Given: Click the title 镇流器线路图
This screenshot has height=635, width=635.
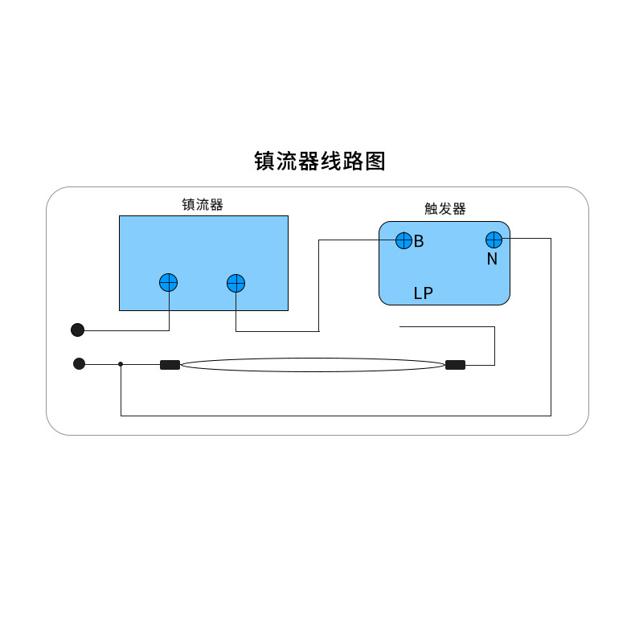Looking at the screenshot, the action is pyautogui.click(x=320, y=161).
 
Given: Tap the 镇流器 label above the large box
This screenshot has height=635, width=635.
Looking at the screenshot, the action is pyautogui.click(x=203, y=204).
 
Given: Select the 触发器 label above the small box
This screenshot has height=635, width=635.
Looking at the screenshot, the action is pyautogui.click(x=444, y=209).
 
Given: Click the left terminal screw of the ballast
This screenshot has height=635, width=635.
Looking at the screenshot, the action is pyautogui.click(x=168, y=282).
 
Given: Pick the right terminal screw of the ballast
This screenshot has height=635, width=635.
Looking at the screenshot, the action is pyautogui.click(x=236, y=283).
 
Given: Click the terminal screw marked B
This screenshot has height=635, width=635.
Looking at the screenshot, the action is pyautogui.click(x=404, y=240).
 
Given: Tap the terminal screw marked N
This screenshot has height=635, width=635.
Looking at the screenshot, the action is pyautogui.click(x=494, y=240).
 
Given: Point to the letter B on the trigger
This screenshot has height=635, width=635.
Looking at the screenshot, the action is pyautogui.click(x=419, y=241).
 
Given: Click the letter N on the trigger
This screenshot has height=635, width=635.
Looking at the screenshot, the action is pyautogui.click(x=492, y=260).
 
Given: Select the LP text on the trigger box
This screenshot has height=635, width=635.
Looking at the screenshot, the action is pyautogui.click(x=423, y=293).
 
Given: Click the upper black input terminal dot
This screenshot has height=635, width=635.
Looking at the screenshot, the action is pyautogui.click(x=77, y=330).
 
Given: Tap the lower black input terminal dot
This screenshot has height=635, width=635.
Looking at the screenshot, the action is pyautogui.click(x=79, y=363).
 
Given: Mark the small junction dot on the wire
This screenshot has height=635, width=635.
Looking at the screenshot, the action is pyautogui.click(x=121, y=364).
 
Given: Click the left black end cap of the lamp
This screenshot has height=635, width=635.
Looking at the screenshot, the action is pyautogui.click(x=170, y=365).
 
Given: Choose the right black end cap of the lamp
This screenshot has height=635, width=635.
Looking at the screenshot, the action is pyautogui.click(x=455, y=365).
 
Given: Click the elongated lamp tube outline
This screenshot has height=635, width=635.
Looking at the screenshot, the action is pyautogui.click(x=313, y=365).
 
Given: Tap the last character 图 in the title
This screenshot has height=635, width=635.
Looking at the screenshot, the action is pyautogui.click(x=375, y=161).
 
